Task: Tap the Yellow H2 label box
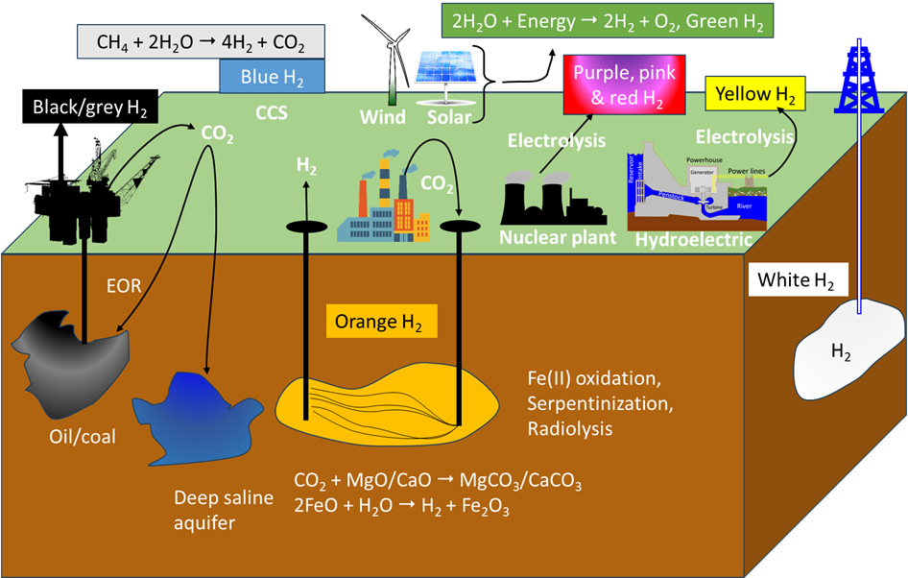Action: (754, 94)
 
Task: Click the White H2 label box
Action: (796, 281)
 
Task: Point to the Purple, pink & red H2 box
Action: (614, 84)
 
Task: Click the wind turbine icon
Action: (393, 62)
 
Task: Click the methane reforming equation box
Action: (200, 41)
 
